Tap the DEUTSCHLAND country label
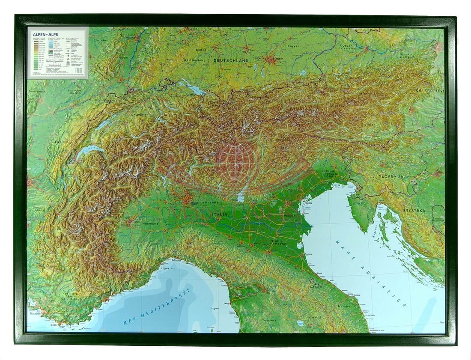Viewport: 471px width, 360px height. point(231,61)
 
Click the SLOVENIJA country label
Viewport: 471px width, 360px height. point(391,176)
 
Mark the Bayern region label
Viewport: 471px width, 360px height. point(293,46)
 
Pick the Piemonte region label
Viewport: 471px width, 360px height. point(150,223)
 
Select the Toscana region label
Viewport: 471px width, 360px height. point(269,320)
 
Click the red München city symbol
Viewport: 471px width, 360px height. point(271,60)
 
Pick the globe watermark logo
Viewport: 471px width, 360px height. point(237,160)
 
